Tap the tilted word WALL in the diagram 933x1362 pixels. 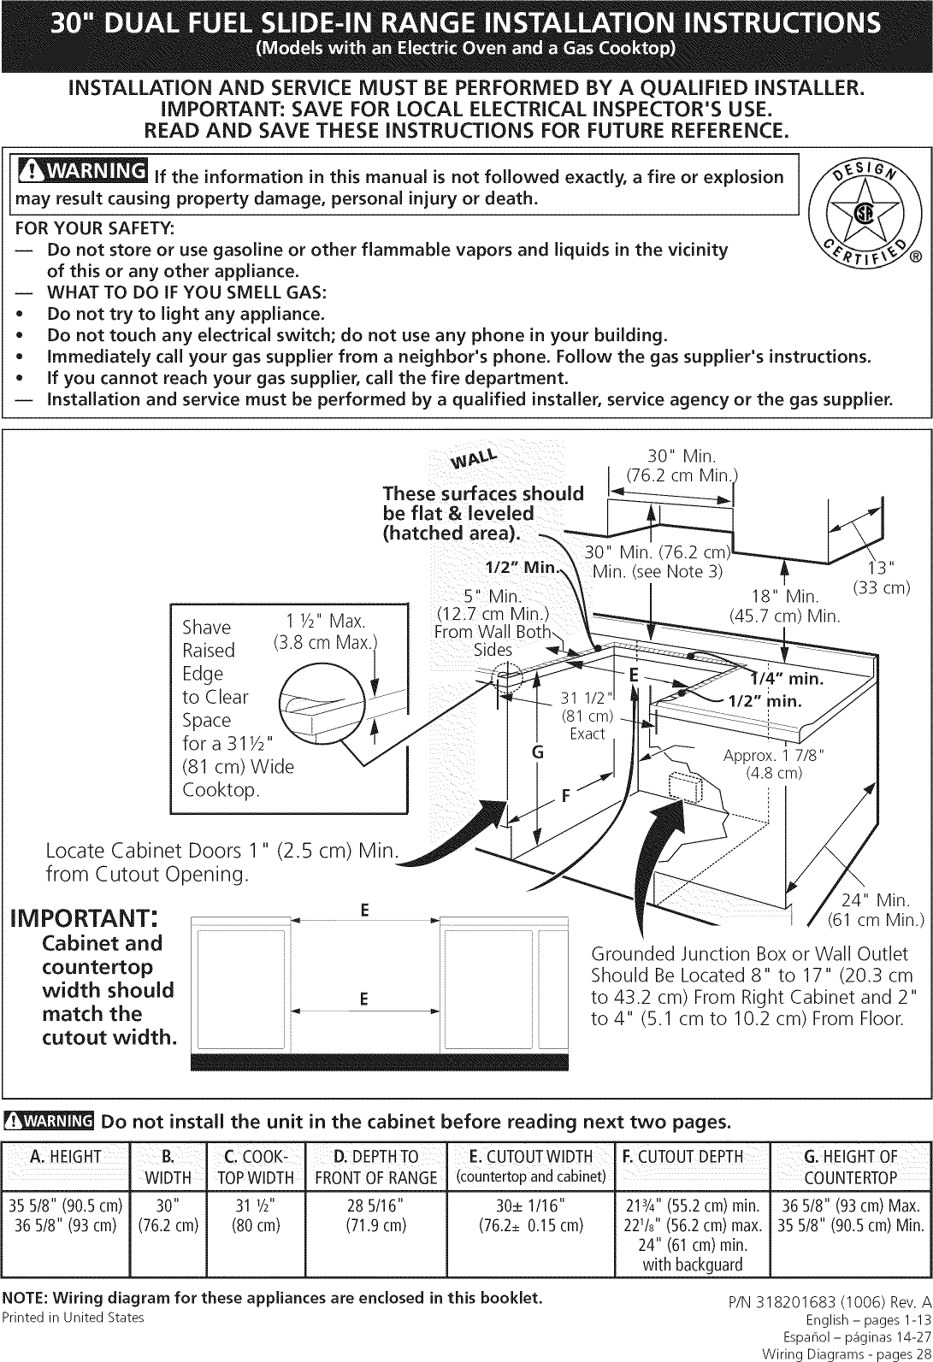pos(471,461)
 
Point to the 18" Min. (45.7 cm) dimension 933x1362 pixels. pos(784,605)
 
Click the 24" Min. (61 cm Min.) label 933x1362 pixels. pos(877,910)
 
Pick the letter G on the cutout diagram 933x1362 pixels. pos(537,752)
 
